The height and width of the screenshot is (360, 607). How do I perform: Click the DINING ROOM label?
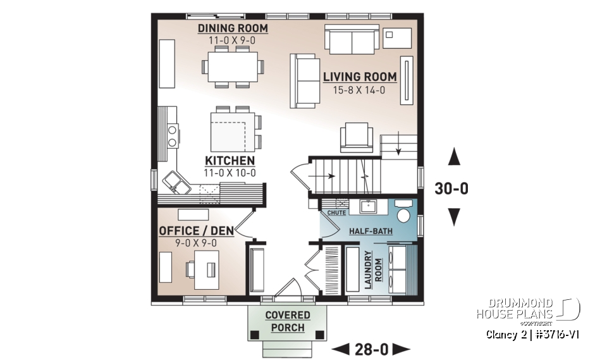[233, 28]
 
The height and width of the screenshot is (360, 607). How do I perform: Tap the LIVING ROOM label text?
[360, 77]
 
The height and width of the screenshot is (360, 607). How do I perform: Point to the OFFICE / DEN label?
[197, 231]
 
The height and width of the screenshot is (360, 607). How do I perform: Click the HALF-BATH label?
[371, 232]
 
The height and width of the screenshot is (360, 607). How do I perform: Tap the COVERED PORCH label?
[288, 321]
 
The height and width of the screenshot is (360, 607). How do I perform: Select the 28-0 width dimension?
[371, 348]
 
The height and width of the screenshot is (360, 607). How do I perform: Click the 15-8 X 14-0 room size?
[360, 90]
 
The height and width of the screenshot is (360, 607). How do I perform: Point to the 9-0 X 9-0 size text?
[197, 243]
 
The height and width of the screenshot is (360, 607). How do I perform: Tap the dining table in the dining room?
[230, 65]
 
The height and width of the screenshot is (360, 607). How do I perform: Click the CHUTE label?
[336, 213]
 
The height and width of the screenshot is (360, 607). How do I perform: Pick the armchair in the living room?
[357, 138]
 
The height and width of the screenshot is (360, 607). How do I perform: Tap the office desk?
[206, 269]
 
